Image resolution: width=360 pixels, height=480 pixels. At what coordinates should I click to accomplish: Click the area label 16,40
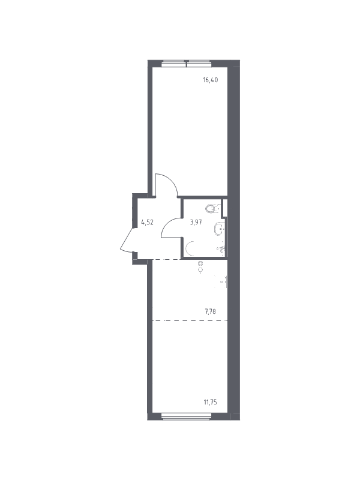(x=211, y=80)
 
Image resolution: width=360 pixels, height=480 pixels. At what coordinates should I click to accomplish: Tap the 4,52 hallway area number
(x=147, y=222)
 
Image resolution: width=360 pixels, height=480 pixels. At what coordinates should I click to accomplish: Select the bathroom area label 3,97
(x=196, y=222)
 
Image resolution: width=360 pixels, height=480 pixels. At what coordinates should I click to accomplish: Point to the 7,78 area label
(x=211, y=312)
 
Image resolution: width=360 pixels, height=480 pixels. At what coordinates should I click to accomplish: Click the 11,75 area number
(x=211, y=402)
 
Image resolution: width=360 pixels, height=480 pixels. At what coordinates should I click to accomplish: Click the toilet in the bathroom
(x=213, y=208)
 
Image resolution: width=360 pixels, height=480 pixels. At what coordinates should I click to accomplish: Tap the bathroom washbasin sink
(x=220, y=229)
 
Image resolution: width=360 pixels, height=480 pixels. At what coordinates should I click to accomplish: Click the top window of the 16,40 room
(x=187, y=64)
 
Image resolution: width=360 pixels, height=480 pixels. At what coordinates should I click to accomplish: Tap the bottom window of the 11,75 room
(x=187, y=416)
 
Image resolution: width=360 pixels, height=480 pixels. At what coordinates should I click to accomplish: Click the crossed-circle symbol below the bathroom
(x=200, y=263)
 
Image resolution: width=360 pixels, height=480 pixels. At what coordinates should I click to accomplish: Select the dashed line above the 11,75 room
(x=190, y=320)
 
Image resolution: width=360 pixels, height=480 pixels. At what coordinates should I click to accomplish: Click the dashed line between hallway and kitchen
(x=166, y=259)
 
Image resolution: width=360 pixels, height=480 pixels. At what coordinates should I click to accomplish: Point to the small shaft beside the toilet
(x=224, y=208)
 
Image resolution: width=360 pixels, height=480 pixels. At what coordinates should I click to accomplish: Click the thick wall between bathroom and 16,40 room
(x=202, y=197)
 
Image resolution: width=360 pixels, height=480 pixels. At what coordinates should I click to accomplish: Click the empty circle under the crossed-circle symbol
(x=200, y=269)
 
